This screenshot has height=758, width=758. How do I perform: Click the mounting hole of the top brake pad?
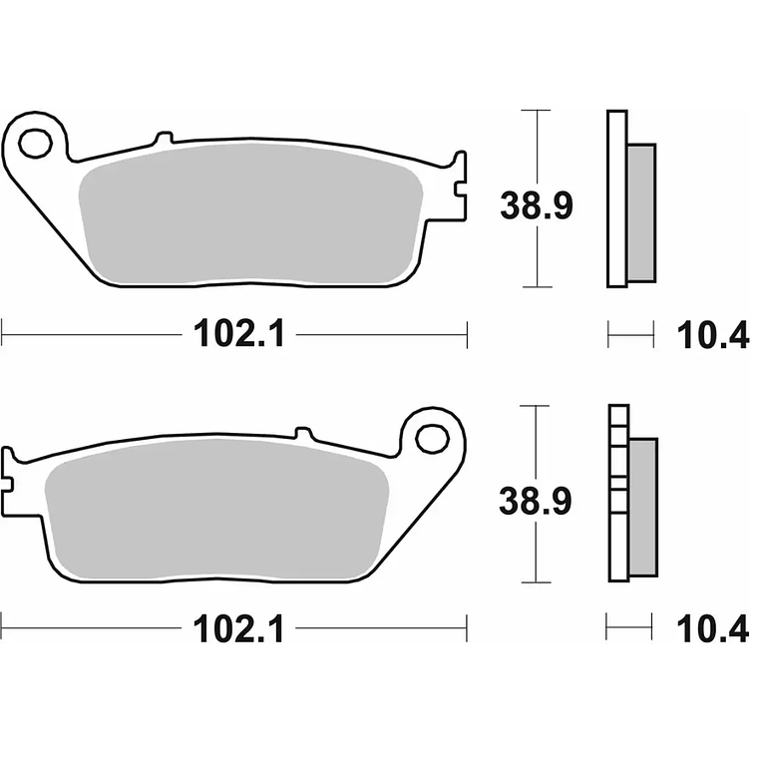click(x=35, y=144)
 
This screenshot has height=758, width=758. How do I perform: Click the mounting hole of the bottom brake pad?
click(x=433, y=438)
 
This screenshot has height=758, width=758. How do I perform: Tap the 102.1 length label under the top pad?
click(x=239, y=335)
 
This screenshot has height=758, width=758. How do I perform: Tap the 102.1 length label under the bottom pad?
click(x=239, y=628)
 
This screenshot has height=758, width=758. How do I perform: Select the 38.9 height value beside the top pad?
click(x=536, y=207)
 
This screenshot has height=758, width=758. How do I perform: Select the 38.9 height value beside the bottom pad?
click(x=536, y=503)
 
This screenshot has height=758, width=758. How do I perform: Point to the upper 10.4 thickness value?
click(x=712, y=336)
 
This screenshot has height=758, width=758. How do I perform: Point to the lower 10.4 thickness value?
click(x=712, y=628)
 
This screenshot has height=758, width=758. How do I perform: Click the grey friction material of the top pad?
click(x=249, y=214)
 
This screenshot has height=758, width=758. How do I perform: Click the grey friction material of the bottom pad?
click(x=214, y=509)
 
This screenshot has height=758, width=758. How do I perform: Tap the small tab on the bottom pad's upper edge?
click(x=304, y=433)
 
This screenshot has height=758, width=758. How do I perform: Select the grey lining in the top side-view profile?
click(x=641, y=210)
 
